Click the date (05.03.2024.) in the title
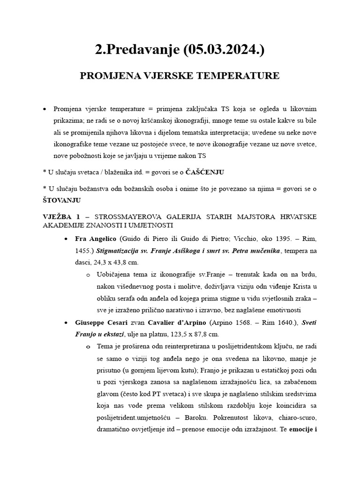tap(223, 50)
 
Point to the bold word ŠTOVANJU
tap(61, 200)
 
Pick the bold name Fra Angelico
tap(96, 239)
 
